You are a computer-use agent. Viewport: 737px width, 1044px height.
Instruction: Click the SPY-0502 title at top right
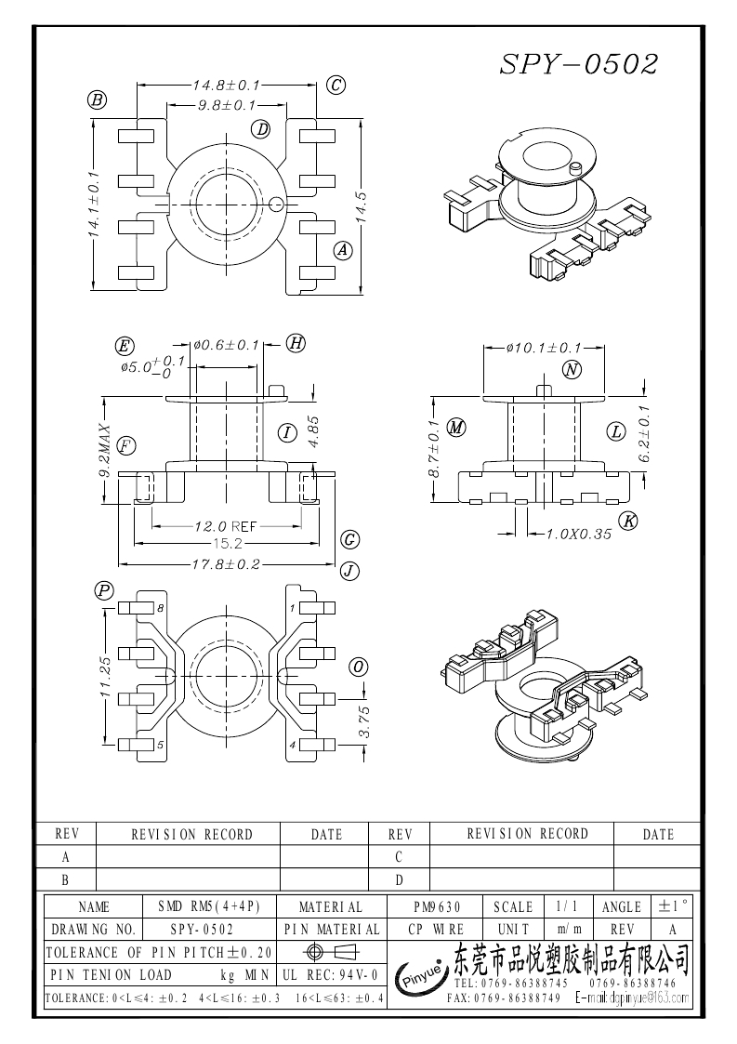coord(579,63)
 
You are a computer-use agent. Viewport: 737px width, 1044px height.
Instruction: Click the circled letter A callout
coord(343,249)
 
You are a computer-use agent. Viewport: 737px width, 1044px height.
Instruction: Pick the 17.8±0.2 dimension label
coord(227,564)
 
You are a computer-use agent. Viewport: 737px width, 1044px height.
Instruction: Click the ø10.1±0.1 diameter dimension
coord(544,348)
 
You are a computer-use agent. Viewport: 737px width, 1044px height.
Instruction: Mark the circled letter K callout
coord(629,521)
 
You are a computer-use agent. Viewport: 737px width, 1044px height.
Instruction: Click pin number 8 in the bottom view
coord(160,608)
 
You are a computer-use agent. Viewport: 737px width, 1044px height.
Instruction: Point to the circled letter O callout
coord(358,667)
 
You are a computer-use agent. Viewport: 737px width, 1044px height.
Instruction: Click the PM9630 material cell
coord(437,906)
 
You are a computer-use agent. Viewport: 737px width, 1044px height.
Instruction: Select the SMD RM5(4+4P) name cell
coord(209,906)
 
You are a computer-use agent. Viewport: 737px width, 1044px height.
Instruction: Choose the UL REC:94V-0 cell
coord(329,974)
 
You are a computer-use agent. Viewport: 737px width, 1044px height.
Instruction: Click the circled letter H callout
coord(296,343)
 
